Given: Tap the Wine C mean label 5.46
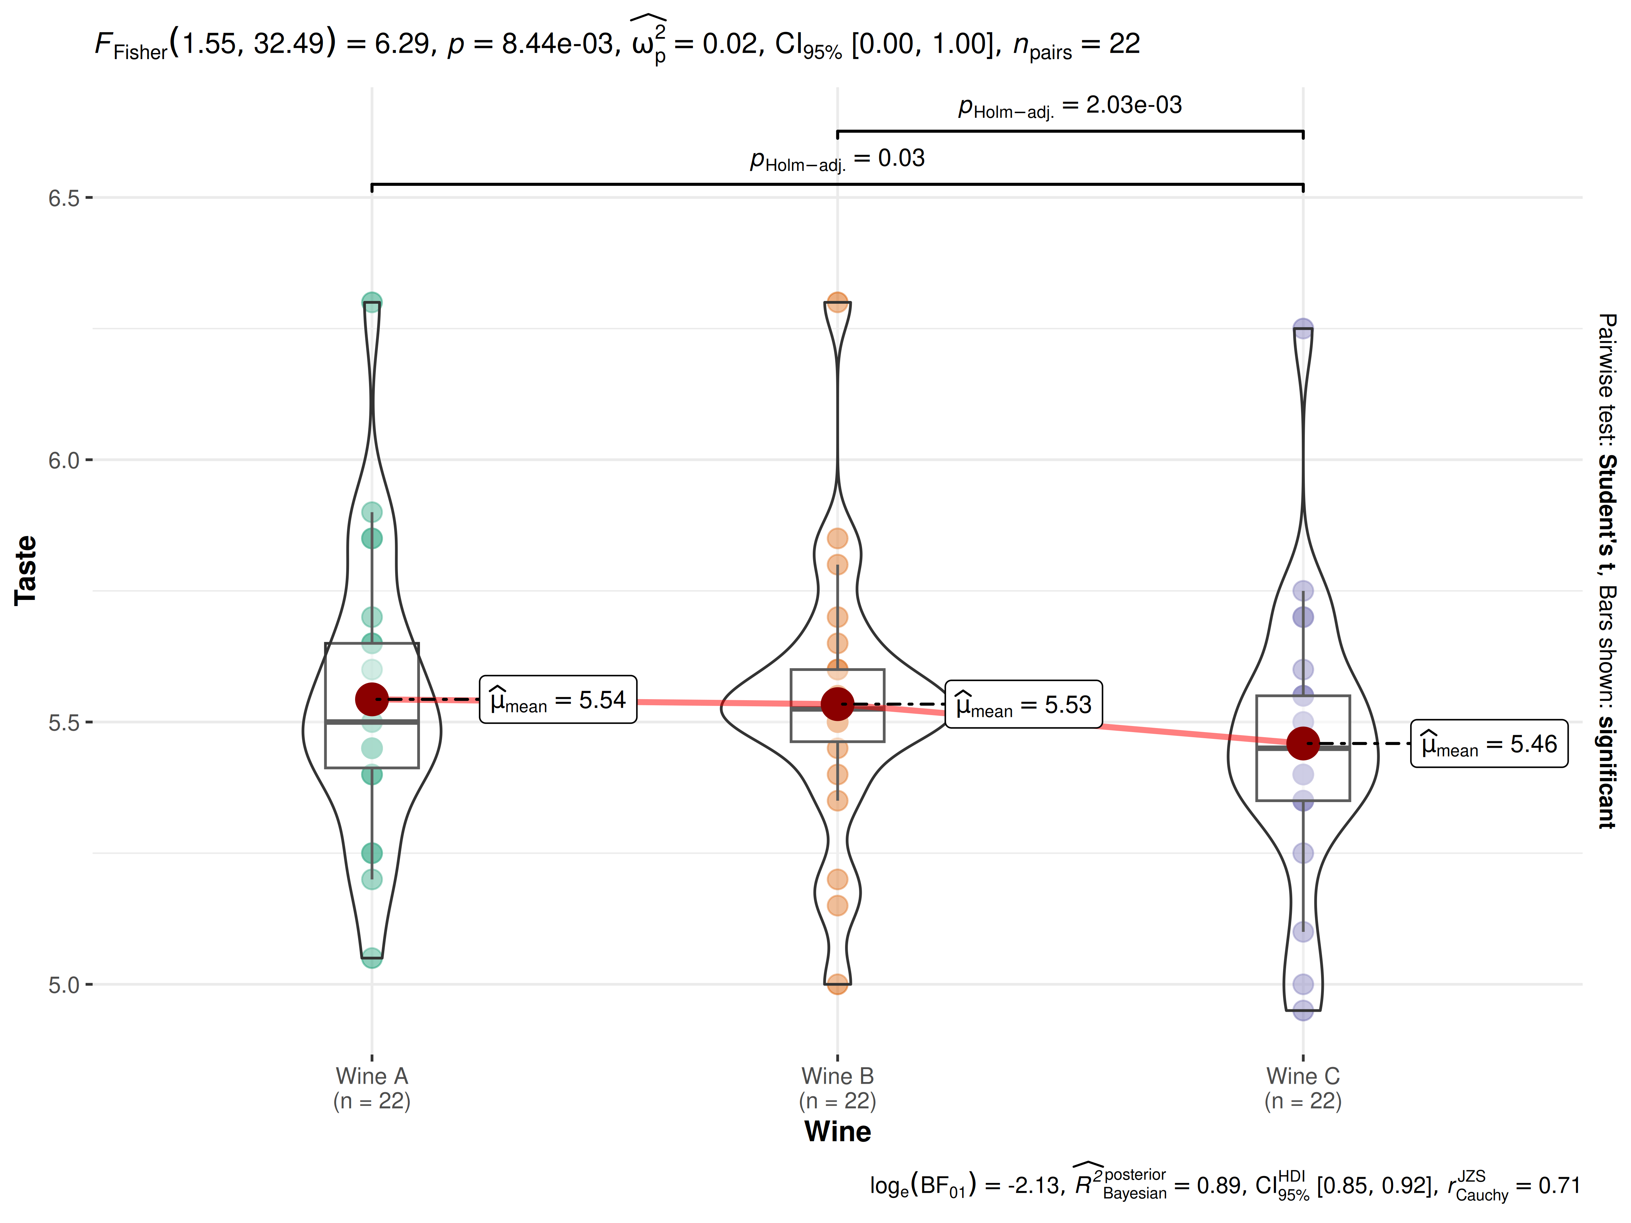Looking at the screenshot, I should pyautogui.click(x=1489, y=744).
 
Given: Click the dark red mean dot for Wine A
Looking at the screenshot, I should pyautogui.click(x=372, y=699).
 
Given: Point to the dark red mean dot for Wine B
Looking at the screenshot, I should pyautogui.click(x=837, y=704).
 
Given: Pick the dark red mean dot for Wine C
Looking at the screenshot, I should pyautogui.click(x=1303, y=743).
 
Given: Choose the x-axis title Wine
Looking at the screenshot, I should pyautogui.click(x=838, y=1132).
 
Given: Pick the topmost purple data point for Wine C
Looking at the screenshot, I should pyautogui.click(x=1303, y=328).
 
